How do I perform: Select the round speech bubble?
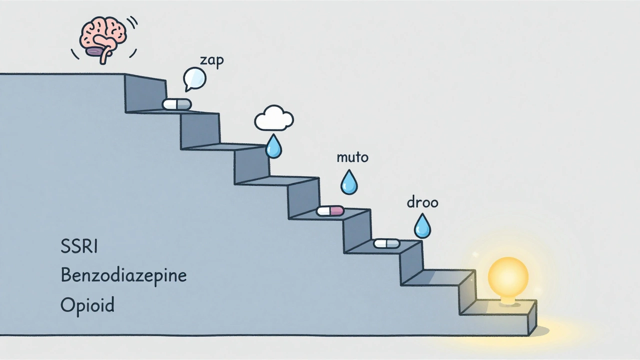[194, 78]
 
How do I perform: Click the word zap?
[212, 60]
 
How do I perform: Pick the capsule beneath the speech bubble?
[176, 104]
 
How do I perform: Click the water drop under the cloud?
[273, 146]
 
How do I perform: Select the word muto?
[352, 157]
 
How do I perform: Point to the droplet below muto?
[349, 183]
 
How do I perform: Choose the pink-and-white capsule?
[330, 211]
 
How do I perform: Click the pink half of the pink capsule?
[337, 211]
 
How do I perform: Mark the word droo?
[422, 202]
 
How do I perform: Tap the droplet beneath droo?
[422, 226]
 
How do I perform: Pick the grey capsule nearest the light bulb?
[387, 243]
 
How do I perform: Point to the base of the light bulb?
[508, 300]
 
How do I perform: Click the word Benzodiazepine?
[123, 275]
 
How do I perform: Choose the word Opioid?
[87, 304]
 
